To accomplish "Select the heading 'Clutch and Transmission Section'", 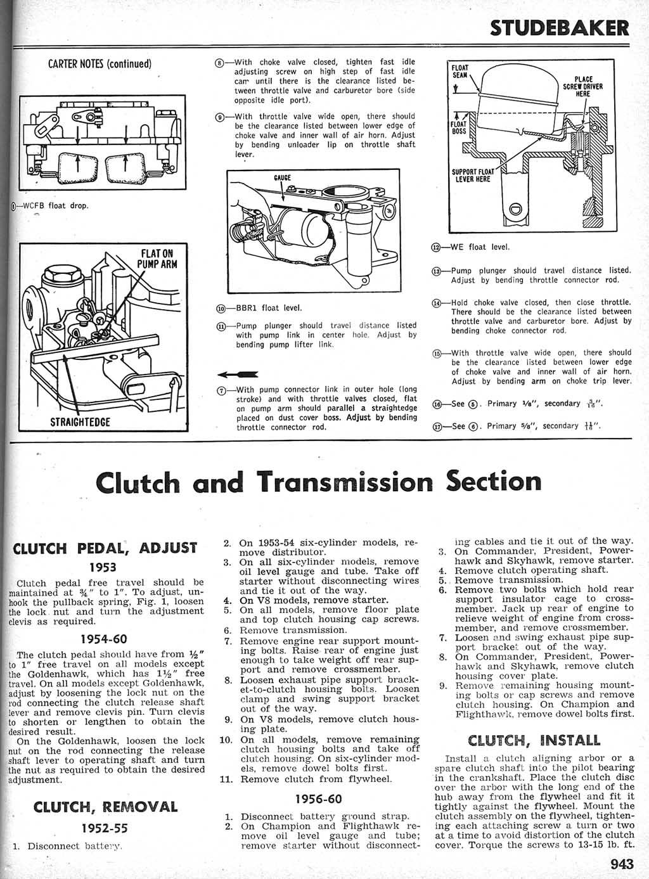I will pos(319,482).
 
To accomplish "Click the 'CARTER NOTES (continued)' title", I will pos(100,64).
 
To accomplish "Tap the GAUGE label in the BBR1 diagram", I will pos(282,177).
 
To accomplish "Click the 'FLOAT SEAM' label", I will pos(459,70).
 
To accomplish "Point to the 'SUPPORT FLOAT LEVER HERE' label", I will pos(472,175).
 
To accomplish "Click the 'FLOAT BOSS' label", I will pos(459,128).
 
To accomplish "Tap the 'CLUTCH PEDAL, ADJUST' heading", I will pos(105,548).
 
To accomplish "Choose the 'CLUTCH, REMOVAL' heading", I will pos(105,807).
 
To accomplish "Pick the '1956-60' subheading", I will pos(319,799).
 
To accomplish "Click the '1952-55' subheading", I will pos(103,828).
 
